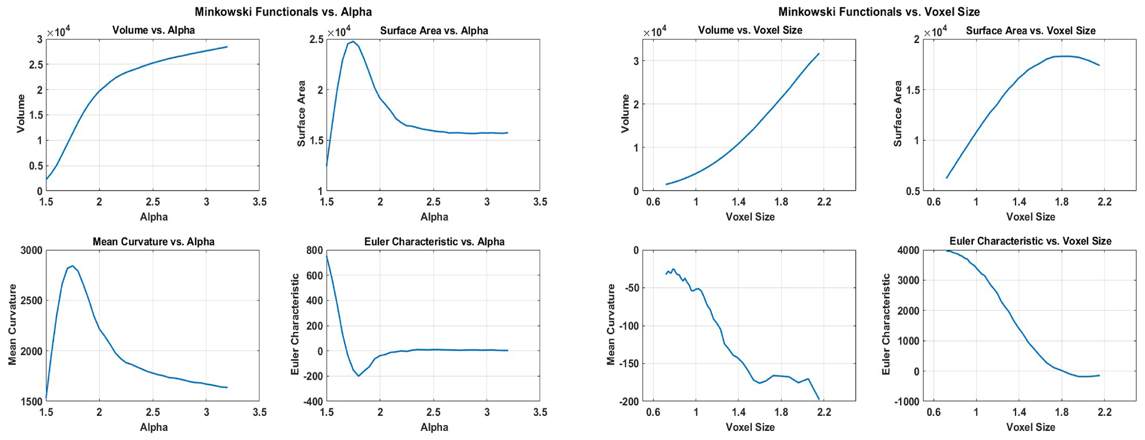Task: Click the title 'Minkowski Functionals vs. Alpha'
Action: point(283,12)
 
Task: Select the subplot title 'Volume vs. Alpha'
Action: point(153,30)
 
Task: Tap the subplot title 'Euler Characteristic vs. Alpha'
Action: point(434,241)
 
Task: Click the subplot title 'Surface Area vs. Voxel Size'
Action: point(1030,31)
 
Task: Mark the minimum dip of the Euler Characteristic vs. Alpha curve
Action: point(358,376)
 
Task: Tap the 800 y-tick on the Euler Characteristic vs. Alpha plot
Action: point(314,250)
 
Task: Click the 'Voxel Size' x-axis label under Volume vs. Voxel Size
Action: point(750,217)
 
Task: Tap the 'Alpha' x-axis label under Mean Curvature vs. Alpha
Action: point(153,427)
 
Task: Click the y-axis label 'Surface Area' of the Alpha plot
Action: point(301,114)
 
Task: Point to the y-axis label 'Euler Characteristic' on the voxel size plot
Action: point(886,324)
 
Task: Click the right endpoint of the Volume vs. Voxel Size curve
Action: point(819,54)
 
